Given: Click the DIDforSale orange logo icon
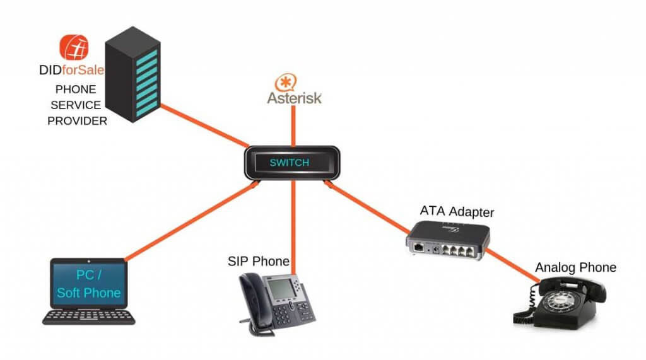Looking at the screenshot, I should click(x=74, y=48).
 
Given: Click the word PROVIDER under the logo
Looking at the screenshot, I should click(x=77, y=120).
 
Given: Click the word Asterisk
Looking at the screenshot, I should click(x=294, y=98).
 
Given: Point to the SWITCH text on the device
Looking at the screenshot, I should click(x=290, y=163).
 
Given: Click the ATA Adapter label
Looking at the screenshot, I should click(x=457, y=212).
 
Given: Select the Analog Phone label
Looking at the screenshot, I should click(x=575, y=267).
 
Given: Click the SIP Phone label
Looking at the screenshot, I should click(x=259, y=261).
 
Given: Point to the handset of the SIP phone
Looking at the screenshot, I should click(x=250, y=303).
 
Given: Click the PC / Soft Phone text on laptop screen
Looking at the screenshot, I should click(x=88, y=284).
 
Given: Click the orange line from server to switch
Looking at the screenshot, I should click(x=202, y=124).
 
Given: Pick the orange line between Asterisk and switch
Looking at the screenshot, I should click(x=292, y=126).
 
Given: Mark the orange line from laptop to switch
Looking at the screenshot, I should click(x=189, y=221).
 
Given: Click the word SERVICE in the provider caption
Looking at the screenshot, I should click(x=78, y=105).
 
